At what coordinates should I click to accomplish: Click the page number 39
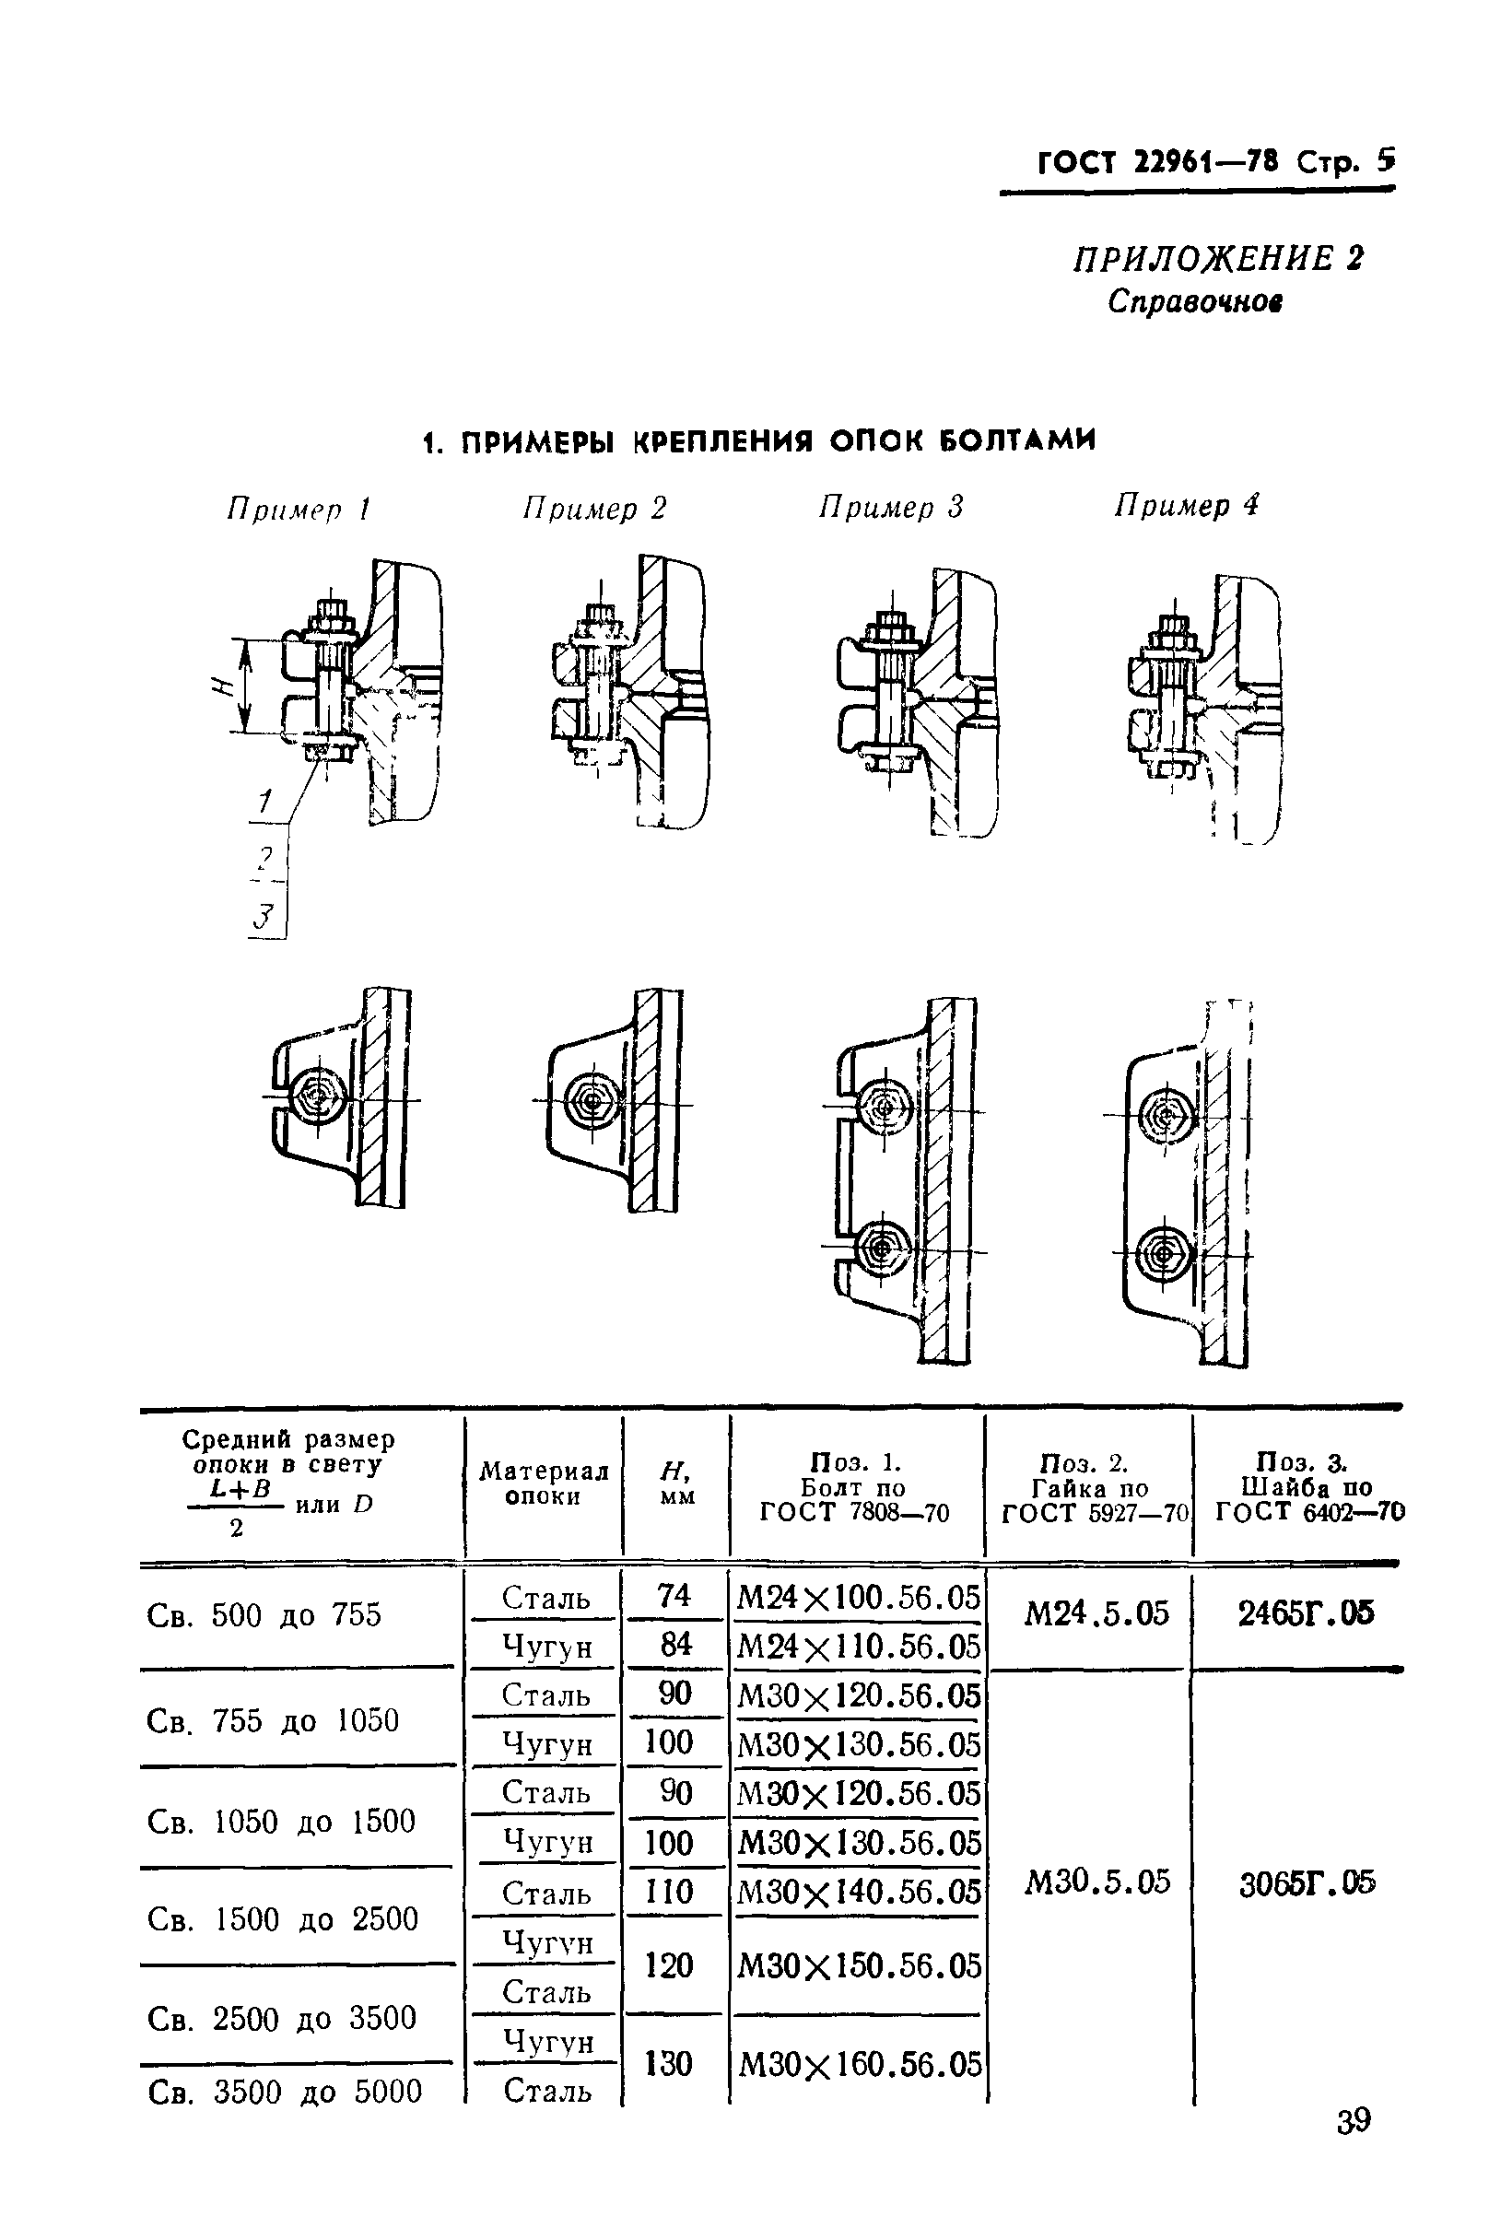tap(1354, 2148)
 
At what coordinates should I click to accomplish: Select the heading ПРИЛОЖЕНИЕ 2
tap(1218, 259)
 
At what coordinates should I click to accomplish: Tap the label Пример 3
tap(891, 507)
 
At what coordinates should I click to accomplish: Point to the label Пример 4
tap(1186, 505)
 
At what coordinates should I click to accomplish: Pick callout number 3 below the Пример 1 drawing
tap(265, 918)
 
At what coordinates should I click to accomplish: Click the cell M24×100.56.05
tap(858, 1599)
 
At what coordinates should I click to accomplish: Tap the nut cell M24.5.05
tap(1096, 1614)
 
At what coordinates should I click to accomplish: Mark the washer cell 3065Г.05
tap(1307, 1883)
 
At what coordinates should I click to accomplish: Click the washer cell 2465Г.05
tap(1306, 1613)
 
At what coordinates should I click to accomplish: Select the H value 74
tap(674, 1597)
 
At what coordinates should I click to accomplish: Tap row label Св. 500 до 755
tap(264, 1615)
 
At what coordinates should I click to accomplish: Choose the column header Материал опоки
tap(544, 1484)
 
